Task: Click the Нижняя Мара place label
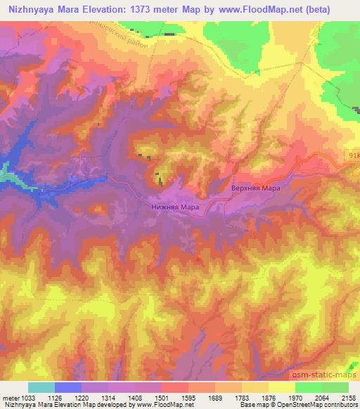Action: tap(176, 207)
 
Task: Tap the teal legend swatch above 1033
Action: tap(41, 387)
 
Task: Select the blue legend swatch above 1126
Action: tap(68, 387)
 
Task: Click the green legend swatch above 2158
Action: tap(335, 387)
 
